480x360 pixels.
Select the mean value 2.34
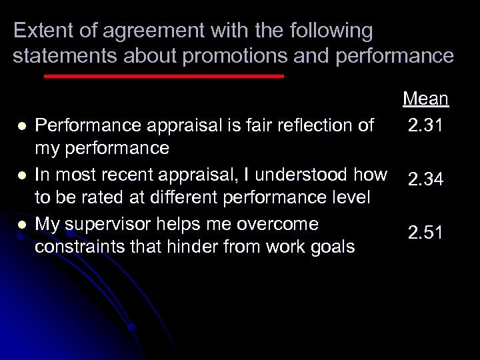coord(425,179)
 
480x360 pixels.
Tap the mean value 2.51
coord(425,232)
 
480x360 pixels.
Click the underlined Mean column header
coord(425,99)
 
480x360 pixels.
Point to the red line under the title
coord(163,76)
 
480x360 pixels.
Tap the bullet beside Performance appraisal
coord(22,125)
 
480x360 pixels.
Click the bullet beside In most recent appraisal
coord(22,175)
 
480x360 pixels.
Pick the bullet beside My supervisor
coord(22,225)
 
